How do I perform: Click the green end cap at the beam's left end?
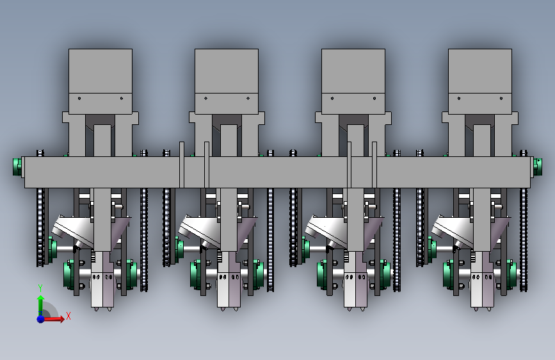[x=17, y=167]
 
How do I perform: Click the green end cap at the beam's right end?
[x=538, y=167]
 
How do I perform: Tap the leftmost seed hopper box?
[x=101, y=81]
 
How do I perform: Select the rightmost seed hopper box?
[x=480, y=81]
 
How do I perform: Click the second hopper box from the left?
[x=227, y=81]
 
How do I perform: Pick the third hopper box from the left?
[x=353, y=81]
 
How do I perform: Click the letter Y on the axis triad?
[x=40, y=288]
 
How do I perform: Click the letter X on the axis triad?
[x=68, y=316]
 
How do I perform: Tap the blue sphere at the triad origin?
[x=41, y=319]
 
